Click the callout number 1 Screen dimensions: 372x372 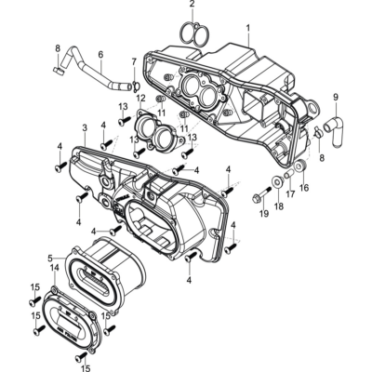click(x=248, y=29)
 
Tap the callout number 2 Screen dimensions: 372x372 click(x=193, y=5)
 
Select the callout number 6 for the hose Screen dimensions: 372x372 click(x=100, y=55)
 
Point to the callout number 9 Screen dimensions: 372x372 click(x=336, y=98)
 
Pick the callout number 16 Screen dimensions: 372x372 click(x=304, y=188)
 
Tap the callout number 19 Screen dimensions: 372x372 click(x=264, y=214)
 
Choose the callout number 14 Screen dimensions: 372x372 click(x=55, y=267)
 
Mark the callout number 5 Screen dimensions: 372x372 click(x=50, y=258)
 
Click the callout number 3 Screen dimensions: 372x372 click(x=85, y=128)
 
